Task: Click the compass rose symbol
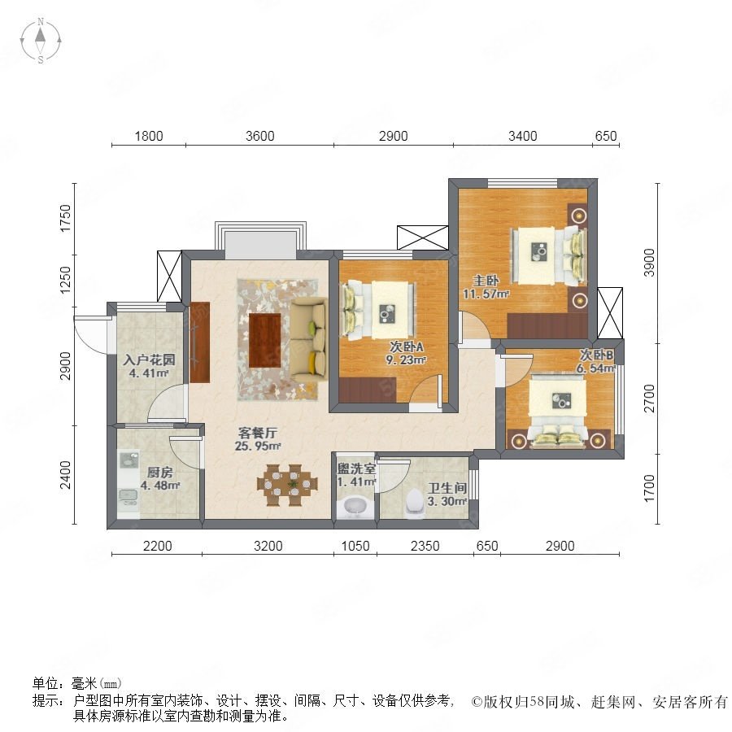(x=41, y=41)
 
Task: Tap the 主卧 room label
(x=486, y=281)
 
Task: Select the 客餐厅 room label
(x=257, y=433)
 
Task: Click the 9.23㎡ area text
(x=406, y=360)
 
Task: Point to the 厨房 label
(x=159, y=472)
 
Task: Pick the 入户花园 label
(x=149, y=359)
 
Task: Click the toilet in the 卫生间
(x=415, y=503)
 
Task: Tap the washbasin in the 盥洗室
(x=355, y=507)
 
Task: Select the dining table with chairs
(x=287, y=485)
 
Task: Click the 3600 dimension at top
(x=260, y=136)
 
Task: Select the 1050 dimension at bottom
(x=355, y=546)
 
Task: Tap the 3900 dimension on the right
(x=649, y=263)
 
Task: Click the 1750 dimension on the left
(x=66, y=218)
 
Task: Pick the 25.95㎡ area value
(x=258, y=446)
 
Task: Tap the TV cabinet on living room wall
(x=200, y=342)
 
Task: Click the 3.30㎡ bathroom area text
(x=447, y=502)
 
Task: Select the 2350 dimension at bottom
(x=425, y=546)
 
